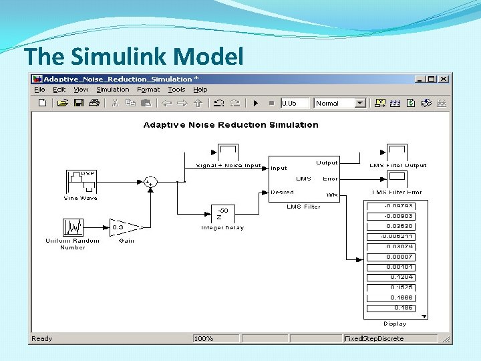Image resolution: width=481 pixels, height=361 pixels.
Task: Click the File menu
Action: point(39,90)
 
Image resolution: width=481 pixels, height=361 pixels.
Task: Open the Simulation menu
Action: point(112,90)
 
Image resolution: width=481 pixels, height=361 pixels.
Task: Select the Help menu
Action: point(200,90)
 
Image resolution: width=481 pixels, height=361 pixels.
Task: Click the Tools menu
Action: point(176,90)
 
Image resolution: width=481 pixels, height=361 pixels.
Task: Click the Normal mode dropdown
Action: point(341,103)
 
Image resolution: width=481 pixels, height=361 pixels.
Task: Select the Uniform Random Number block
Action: point(72,227)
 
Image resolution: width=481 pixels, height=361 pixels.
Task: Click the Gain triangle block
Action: point(124,227)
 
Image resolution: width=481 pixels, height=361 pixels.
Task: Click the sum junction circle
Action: point(151,181)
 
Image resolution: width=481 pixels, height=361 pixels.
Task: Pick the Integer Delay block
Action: point(223,215)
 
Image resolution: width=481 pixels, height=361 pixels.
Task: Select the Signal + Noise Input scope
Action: point(228,152)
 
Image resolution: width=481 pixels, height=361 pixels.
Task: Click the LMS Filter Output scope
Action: point(398,152)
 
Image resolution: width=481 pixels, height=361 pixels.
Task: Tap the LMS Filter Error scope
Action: point(398,178)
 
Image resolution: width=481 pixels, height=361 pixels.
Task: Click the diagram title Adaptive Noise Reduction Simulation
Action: point(231,125)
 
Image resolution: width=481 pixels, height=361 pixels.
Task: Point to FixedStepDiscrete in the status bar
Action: point(374,338)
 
